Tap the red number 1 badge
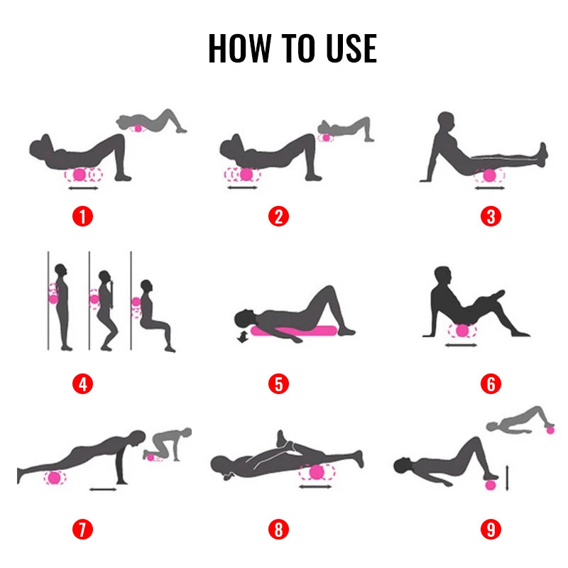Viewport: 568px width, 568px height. [x=83, y=216]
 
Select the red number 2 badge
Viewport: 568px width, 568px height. [x=279, y=216]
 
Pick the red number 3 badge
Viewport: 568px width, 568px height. [x=490, y=216]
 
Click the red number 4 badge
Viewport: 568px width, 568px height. [x=83, y=384]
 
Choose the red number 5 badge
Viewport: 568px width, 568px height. [x=279, y=384]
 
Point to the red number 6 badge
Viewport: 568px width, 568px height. [x=490, y=384]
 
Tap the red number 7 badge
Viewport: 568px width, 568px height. [x=83, y=529]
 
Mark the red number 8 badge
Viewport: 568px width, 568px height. [x=279, y=529]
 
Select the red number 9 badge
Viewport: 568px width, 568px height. [x=490, y=529]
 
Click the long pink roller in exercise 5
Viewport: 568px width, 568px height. [x=298, y=331]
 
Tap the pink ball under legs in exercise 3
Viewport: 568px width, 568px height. [x=488, y=175]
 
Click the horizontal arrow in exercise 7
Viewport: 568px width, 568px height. [x=104, y=488]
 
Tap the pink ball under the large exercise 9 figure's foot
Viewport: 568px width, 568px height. [x=488, y=485]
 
